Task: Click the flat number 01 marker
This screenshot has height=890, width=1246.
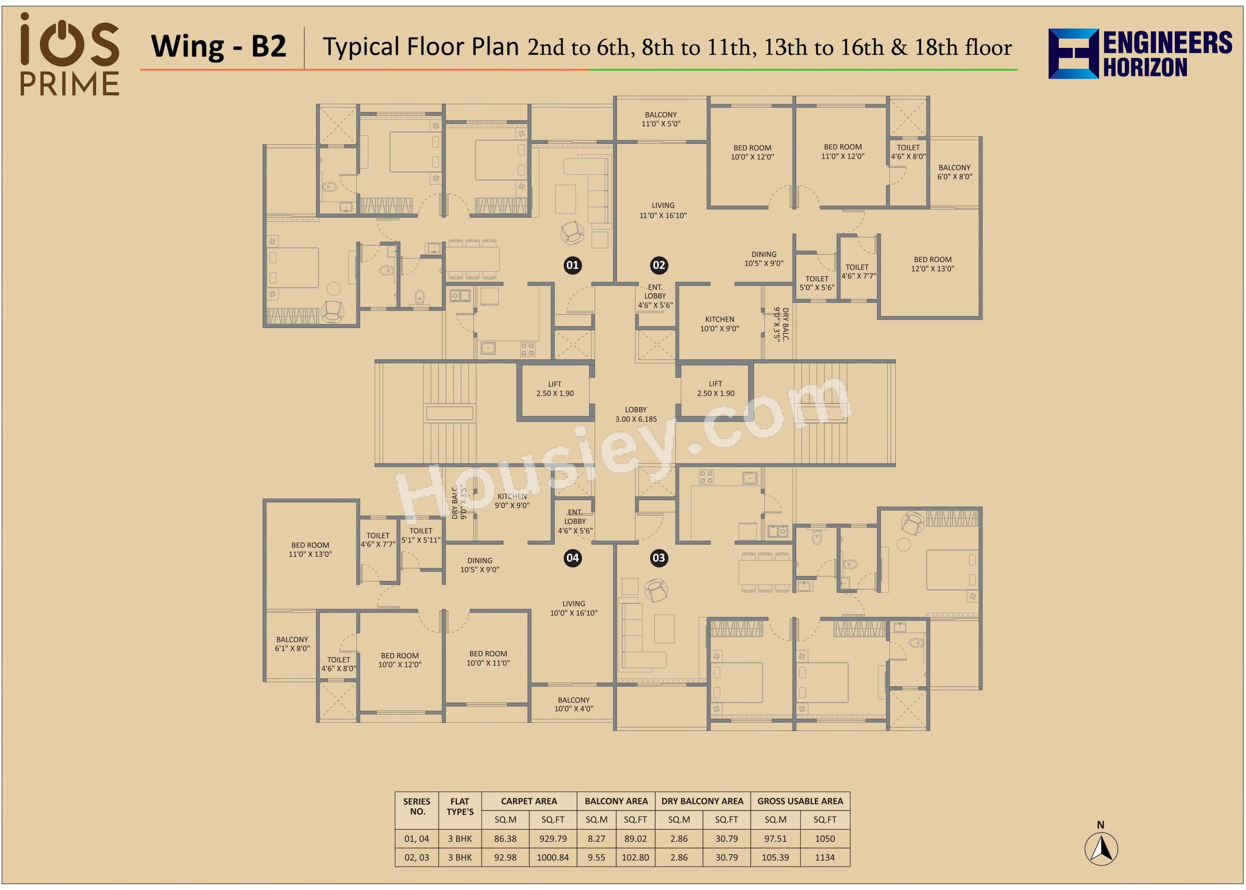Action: pyautogui.click(x=573, y=265)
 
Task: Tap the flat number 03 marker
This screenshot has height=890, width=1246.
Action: pyautogui.click(x=659, y=558)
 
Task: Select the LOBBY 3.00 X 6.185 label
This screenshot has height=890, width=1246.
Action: pyautogui.click(x=635, y=414)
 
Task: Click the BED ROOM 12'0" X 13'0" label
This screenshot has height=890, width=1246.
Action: pyautogui.click(x=933, y=264)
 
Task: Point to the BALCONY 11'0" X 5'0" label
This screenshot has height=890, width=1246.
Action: pyautogui.click(x=661, y=119)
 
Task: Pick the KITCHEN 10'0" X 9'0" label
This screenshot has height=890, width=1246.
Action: pyautogui.click(x=719, y=324)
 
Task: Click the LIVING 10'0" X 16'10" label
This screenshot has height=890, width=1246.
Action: pyautogui.click(x=574, y=608)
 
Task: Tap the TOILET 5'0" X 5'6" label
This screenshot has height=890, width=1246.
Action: pyautogui.click(x=817, y=283)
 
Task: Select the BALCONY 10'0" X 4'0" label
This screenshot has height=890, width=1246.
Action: pyautogui.click(x=574, y=704)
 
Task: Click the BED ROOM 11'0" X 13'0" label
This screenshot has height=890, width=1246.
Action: pyautogui.click(x=310, y=550)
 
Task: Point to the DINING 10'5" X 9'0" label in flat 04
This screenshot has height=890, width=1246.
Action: pyautogui.click(x=479, y=565)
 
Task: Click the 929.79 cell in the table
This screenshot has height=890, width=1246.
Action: pyautogui.click(x=553, y=838)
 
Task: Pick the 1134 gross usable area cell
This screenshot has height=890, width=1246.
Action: pyautogui.click(x=825, y=857)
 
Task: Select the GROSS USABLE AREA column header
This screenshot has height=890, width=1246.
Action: pyautogui.click(x=800, y=801)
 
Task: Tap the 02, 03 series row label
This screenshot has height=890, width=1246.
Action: pyautogui.click(x=417, y=857)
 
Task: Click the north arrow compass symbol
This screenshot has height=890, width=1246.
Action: pyautogui.click(x=1101, y=848)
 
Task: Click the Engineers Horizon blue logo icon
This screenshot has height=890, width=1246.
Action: pyautogui.click(x=1073, y=54)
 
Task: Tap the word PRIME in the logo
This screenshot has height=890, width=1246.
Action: pyautogui.click(x=70, y=84)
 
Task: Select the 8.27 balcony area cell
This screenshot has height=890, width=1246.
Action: pyautogui.click(x=596, y=838)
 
